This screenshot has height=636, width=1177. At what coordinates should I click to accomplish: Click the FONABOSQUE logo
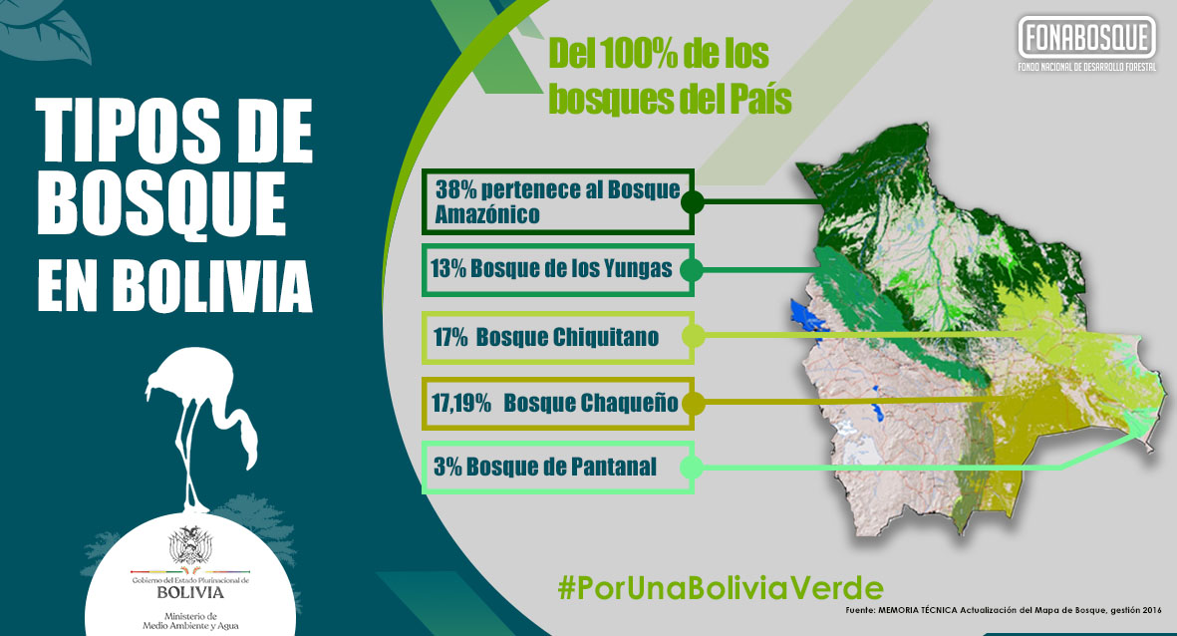[x=1087, y=44]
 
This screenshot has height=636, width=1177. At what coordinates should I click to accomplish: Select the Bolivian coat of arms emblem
[x=190, y=545]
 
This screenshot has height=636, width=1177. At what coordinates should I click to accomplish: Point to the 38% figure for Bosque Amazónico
[x=456, y=189]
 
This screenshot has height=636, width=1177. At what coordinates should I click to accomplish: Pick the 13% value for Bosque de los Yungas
[x=448, y=268]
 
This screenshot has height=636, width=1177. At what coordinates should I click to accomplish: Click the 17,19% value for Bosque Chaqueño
[x=460, y=403]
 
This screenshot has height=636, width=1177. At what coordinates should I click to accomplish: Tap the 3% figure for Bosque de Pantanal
[x=447, y=467]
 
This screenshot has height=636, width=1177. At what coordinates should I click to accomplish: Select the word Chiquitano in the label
[x=606, y=337]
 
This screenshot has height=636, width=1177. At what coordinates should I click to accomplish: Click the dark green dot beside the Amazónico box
[x=692, y=201]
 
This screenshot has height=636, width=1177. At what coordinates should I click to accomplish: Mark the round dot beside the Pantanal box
[x=692, y=468]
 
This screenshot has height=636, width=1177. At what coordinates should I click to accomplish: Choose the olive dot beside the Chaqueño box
[x=692, y=403]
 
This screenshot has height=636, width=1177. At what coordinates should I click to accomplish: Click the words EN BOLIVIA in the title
[x=174, y=285]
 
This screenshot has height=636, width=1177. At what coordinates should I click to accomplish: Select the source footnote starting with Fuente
[x=1004, y=610]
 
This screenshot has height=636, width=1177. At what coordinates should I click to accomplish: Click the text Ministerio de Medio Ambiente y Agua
[x=190, y=621]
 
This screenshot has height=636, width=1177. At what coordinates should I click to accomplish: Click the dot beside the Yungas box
[x=692, y=269]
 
